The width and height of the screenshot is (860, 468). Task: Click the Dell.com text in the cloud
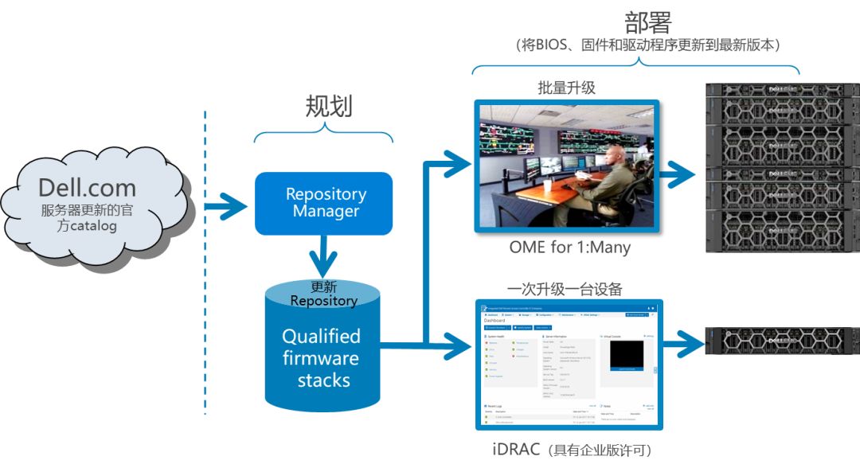(x=87, y=189)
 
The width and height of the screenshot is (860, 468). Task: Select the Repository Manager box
(x=325, y=203)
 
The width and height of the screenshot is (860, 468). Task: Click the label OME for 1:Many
(x=569, y=248)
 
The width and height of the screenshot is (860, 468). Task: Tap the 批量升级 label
(x=566, y=88)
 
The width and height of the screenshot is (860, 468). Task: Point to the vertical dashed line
(x=205, y=263)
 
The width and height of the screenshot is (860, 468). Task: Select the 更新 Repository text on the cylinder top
(x=322, y=294)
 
